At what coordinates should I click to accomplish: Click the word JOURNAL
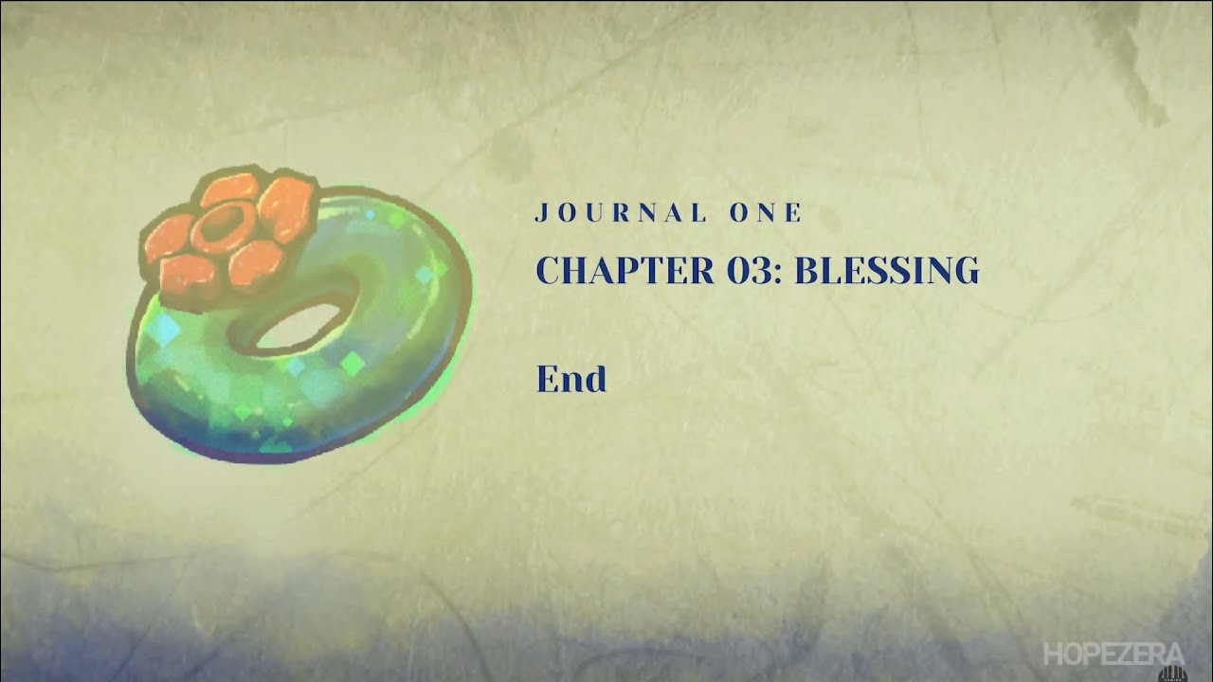pos(621,213)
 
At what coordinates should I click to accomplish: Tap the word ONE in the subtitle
pos(765,213)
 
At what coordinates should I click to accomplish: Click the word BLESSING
pos(886,270)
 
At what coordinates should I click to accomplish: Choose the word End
pos(571,378)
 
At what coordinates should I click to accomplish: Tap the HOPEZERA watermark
pos(1113,654)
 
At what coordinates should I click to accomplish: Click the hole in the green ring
pos(299,326)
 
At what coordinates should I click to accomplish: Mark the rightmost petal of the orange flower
pos(286,208)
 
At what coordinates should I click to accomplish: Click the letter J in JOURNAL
pos(541,213)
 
